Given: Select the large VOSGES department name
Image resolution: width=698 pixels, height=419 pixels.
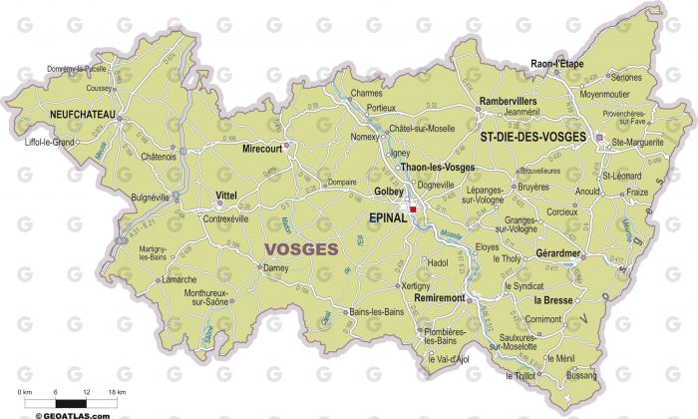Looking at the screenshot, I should (x=300, y=248).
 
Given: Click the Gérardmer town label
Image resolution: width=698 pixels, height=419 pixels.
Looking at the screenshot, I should (x=558, y=253).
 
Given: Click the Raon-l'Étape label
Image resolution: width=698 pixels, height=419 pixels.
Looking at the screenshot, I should (x=556, y=63).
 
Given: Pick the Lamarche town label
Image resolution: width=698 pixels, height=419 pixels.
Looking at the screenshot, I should (x=180, y=280).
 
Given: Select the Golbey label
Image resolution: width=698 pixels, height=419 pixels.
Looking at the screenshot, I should (x=387, y=190).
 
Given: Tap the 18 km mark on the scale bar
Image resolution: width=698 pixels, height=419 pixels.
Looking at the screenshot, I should (x=117, y=393).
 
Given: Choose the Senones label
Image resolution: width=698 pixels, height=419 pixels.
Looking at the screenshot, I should (x=625, y=77).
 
